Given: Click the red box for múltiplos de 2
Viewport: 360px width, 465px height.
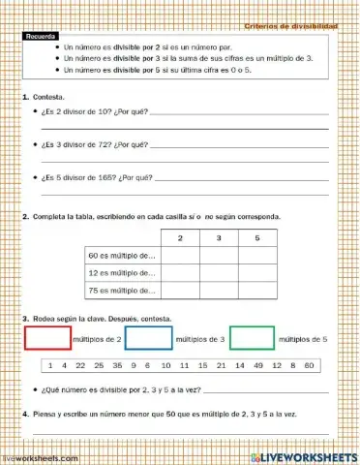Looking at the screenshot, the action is [x=47, y=338].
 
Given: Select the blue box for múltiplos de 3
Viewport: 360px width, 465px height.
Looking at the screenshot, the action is [x=149, y=338].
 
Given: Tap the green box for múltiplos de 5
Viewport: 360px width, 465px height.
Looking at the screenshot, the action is [x=252, y=338].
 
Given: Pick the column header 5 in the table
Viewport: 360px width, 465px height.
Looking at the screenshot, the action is [x=256, y=237].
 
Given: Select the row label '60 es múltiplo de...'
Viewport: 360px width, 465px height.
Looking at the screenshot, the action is [x=122, y=256].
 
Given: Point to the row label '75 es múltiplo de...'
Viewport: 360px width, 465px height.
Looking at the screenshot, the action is [x=122, y=290].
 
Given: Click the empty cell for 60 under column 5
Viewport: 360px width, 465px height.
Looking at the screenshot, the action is [x=256, y=256].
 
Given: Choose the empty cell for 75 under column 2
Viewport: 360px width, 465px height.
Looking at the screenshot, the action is [x=179, y=290].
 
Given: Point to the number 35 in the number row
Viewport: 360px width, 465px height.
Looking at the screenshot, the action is [x=117, y=366].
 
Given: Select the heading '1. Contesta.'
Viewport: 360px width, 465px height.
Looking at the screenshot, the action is [x=44, y=99].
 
